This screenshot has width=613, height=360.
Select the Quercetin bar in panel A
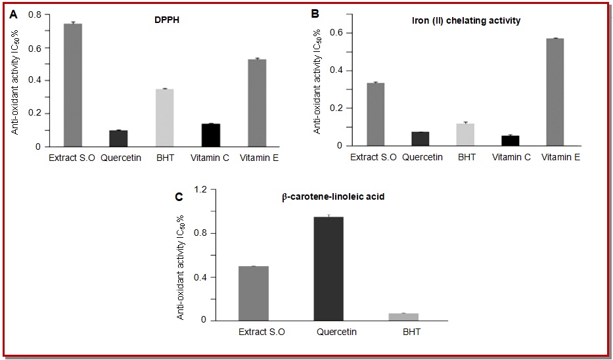coord(118,139)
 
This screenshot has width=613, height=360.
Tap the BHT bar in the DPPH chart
coord(165,118)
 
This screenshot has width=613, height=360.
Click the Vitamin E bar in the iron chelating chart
coord(555,92)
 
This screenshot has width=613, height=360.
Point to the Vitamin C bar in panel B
coord(510,141)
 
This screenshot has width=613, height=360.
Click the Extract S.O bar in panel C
coord(261,293)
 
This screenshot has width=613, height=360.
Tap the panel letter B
coord(315,13)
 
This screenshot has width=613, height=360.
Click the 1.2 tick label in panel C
coord(199,190)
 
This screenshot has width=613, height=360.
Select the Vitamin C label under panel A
coord(210,158)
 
